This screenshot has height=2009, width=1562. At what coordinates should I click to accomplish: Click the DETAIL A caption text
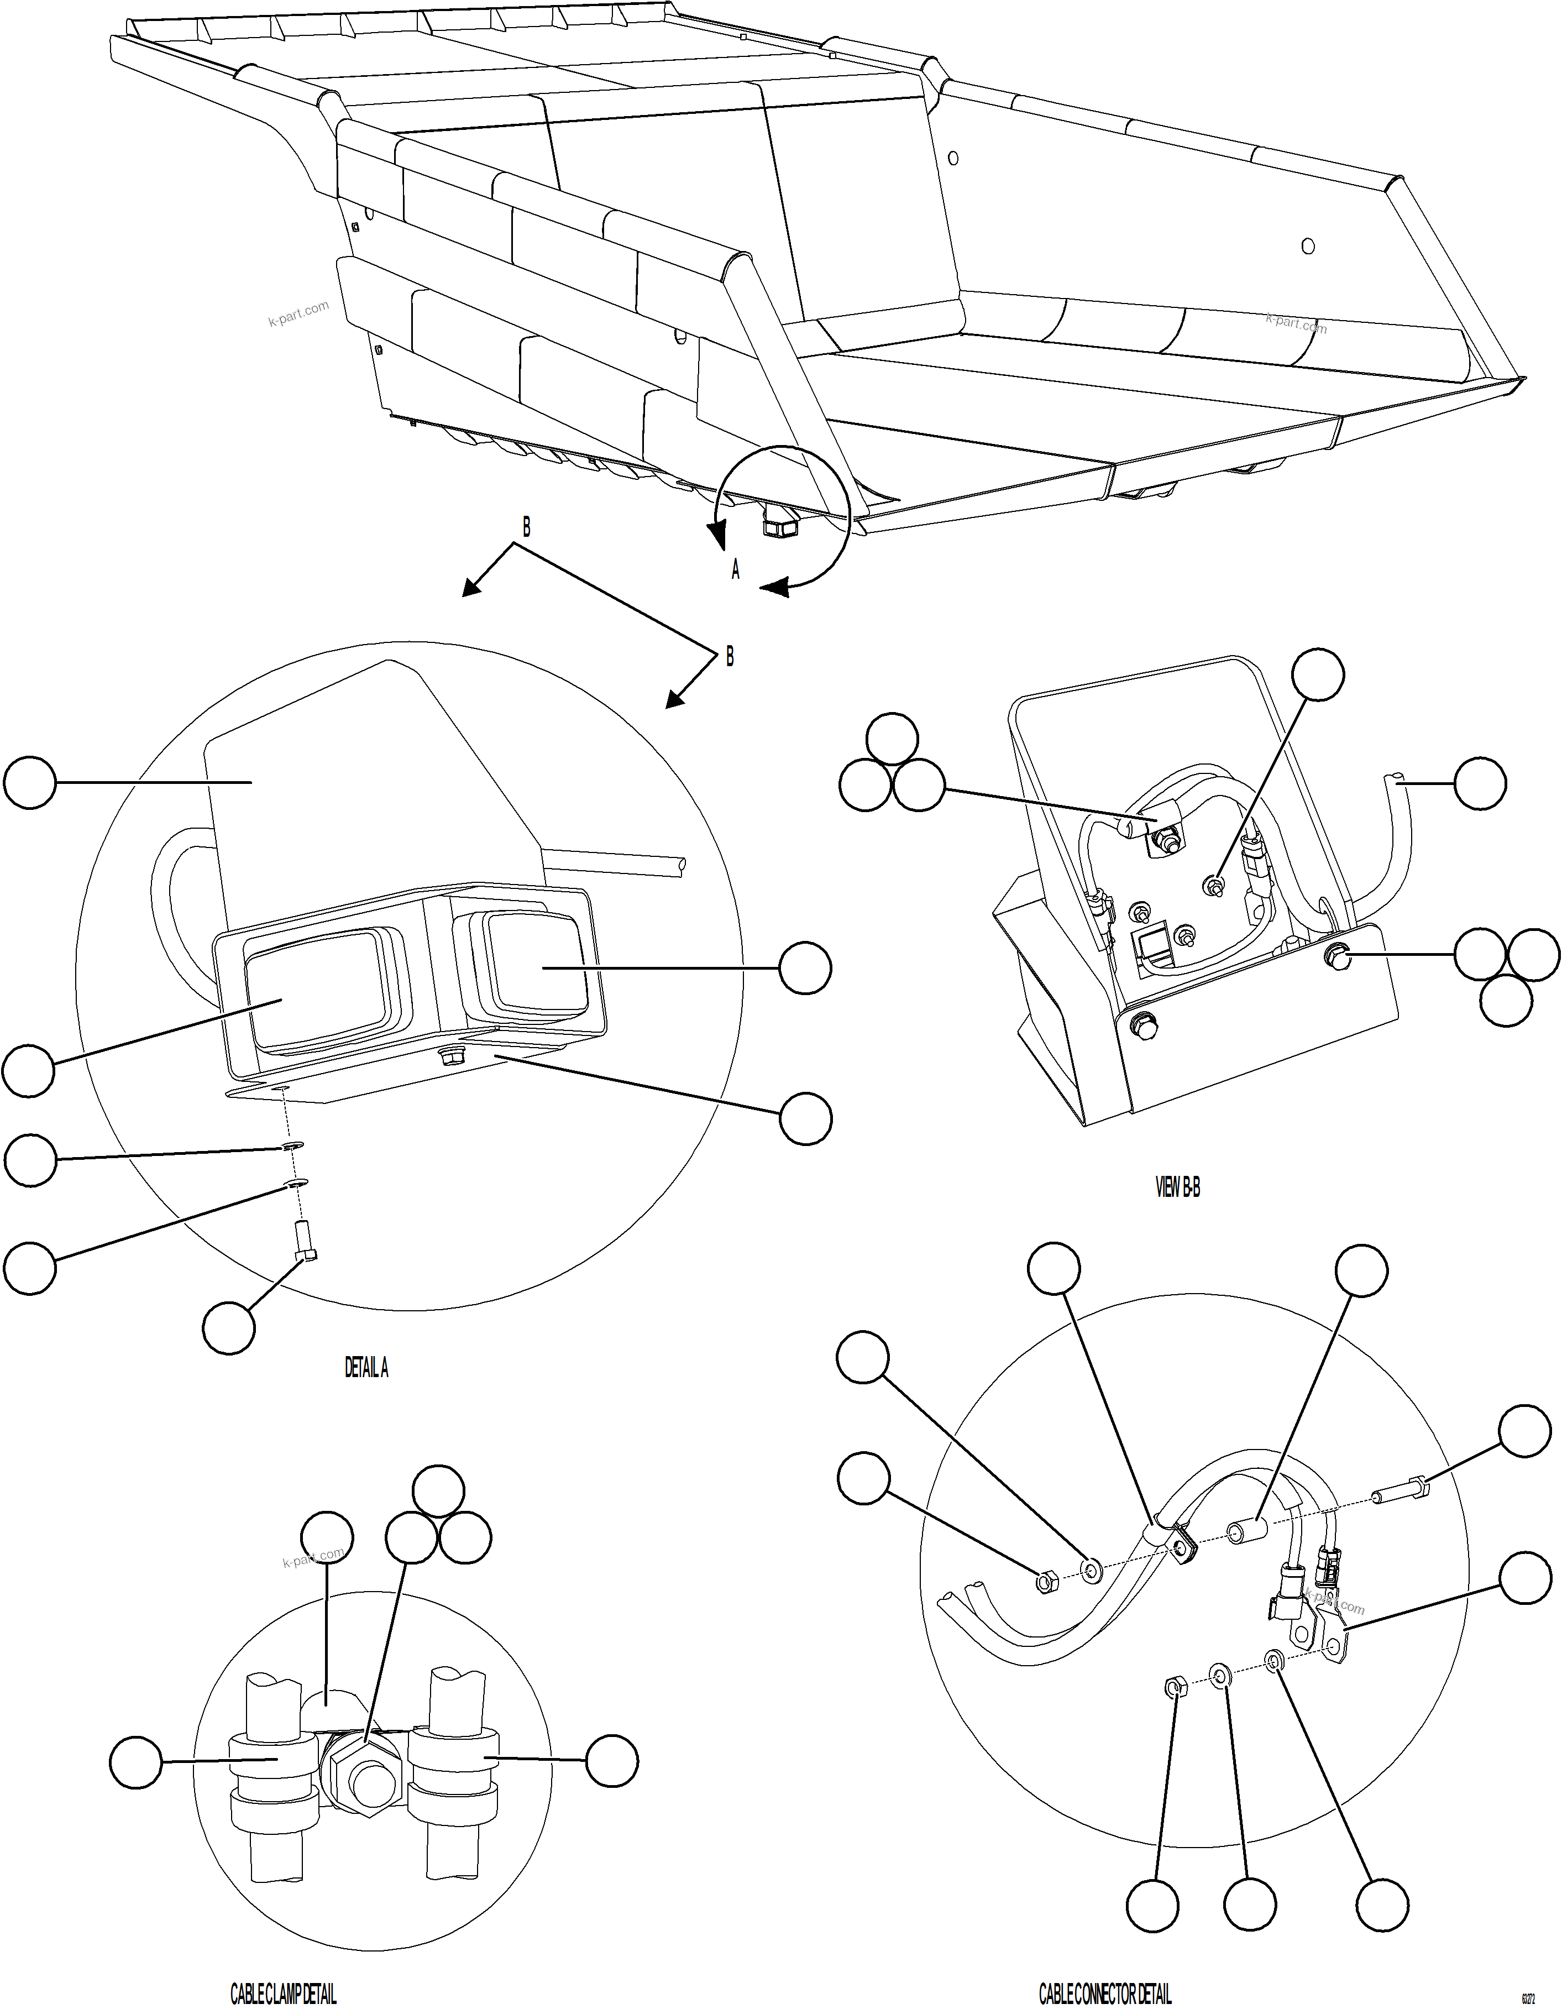point(366,1368)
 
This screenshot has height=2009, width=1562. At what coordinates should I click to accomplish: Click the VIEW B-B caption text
point(1177,1187)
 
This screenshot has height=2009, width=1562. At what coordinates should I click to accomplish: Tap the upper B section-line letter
point(526,527)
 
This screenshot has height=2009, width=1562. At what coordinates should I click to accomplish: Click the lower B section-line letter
point(730,657)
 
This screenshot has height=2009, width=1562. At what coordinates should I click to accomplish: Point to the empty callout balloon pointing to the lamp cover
point(29,783)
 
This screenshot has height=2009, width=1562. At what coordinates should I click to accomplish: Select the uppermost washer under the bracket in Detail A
point(292,1147)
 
